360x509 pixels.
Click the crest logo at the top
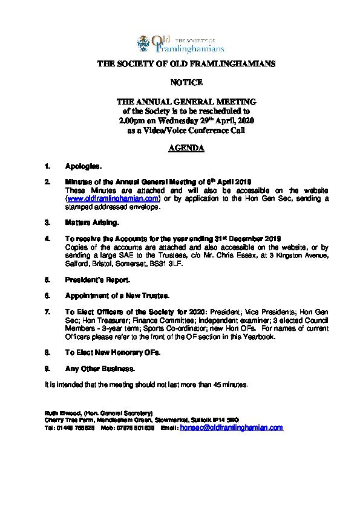point(145,42)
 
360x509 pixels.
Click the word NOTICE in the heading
point(180,82)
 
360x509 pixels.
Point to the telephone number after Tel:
point(74,427)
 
